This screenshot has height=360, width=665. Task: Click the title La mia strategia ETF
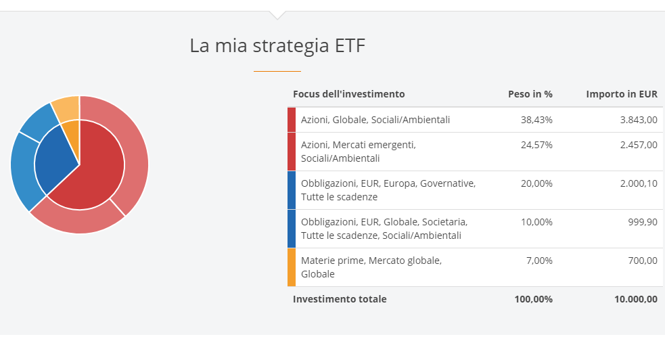[x=277, y=45]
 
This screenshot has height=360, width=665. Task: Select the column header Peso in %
[x=530, y=94]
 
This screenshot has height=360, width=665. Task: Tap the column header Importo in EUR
[x=622, y=94]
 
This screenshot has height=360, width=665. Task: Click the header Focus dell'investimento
[x=348, y=94]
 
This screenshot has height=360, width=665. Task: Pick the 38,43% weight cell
[x=536, y=120]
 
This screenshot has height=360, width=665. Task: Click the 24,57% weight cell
[x=536, y=145]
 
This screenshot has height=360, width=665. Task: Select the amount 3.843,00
[x=639, y=120]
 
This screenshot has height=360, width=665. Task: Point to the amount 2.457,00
[x=639, y=145]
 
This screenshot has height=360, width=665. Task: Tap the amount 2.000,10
[x=639, y=183]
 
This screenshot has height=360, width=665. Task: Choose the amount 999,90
[x=643, y=222]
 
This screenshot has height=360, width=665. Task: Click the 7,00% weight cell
[x=539, y=261]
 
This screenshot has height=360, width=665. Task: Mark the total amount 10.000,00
[x=636, y=299]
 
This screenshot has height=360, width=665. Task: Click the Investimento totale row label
[x=340, y=299]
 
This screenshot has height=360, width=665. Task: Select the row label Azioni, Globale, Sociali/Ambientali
[x=375, y=120]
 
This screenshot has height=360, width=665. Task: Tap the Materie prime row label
[x=371, y=267]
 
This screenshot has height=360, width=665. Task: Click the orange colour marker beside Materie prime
[x=292, y=267]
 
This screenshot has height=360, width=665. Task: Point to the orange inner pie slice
[x=72, y=136]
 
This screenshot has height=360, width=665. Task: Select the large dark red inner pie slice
[x=93, y=170]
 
